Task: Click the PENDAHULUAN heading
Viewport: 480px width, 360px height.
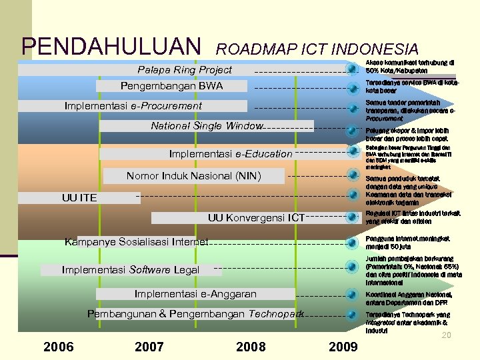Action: (111, 46)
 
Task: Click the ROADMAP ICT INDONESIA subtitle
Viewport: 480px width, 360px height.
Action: (317, 49)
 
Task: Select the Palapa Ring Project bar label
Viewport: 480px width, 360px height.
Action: (185, 70)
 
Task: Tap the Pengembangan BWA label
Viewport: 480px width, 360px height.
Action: (171, 86)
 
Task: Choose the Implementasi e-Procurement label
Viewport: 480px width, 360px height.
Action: (133, 105)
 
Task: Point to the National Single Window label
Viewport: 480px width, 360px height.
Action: (207, 125)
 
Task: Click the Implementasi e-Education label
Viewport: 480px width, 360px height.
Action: (231, 154)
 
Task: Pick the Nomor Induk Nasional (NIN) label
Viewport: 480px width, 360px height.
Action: (194, 176)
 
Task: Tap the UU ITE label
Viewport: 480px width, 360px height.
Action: (79, 197)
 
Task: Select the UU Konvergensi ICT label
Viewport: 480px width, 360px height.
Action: (256, 217)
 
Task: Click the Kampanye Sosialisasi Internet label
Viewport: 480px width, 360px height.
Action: (137, 241)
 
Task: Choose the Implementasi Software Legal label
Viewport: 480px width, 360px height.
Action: (130, 269)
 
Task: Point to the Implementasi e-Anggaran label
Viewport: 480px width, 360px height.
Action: (195, 293)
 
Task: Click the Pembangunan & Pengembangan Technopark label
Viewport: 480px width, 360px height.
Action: (195, 313)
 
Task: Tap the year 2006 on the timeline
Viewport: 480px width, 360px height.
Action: (58, 346)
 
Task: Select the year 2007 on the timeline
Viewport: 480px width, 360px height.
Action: (149, 346)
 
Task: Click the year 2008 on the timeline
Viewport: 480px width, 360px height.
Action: (251, 346)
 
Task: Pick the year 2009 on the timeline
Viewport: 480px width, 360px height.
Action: (343, 346)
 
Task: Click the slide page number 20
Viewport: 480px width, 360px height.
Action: (447, 335)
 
